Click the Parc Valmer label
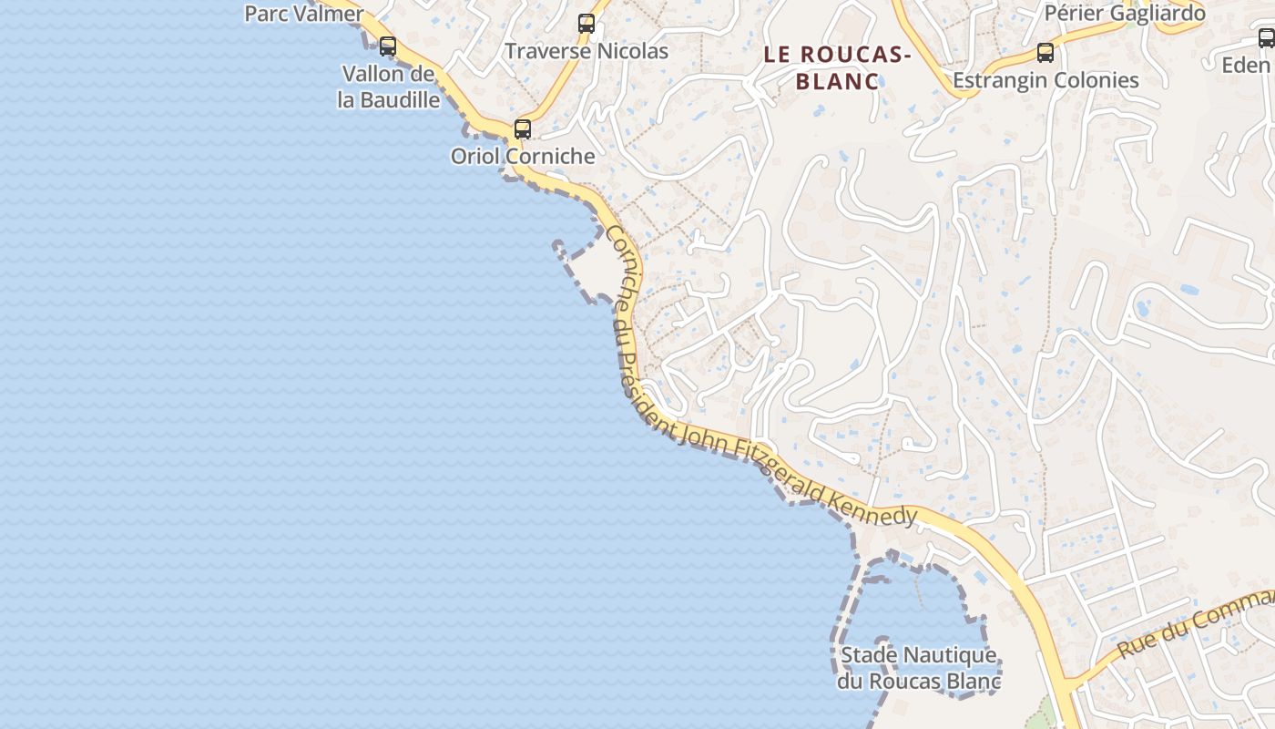tap(304, 14)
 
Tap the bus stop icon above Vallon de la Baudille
tap(388, 46)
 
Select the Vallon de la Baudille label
tap(389, 87)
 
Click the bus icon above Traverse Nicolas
tap(586, 24)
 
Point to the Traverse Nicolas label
tap(586, 51)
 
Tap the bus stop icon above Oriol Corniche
tap(522, 128)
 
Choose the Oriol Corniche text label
tap(523, 156)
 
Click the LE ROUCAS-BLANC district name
tap(838, 67)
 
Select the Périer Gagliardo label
tap(1125, 14)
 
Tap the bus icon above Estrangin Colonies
tap(1045, 53)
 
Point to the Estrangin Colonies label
tap(1045, 80)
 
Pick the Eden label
tap(1246, 65)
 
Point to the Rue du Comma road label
tap(1193, 624)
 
